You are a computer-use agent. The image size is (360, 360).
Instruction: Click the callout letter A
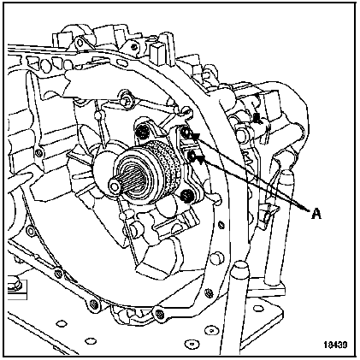(316, 213)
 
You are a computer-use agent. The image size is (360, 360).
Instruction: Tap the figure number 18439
(335, 345)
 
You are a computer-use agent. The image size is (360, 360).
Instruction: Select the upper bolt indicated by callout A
(187, 132)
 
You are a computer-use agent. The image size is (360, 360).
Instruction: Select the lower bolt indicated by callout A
(192, 156)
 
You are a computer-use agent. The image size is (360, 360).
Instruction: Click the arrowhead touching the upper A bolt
(196, 136)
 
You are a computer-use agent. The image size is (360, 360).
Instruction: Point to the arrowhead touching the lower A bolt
(200, 158)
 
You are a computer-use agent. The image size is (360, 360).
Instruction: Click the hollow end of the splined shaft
(115, 186)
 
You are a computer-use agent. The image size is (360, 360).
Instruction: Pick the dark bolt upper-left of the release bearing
(143, 131)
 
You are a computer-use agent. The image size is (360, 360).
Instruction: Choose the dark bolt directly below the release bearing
(186, 196)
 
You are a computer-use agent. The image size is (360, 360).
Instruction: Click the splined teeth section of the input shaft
(132, 180)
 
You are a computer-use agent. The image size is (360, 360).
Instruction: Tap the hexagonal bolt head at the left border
(13, 281)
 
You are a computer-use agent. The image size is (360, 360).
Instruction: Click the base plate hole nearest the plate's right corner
(258, 308)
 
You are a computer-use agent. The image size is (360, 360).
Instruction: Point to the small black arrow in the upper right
(257, 118)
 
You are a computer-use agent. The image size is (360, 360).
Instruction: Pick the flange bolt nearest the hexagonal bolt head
(58, 274)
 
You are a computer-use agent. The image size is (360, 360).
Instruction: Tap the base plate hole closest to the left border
(61, 323)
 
